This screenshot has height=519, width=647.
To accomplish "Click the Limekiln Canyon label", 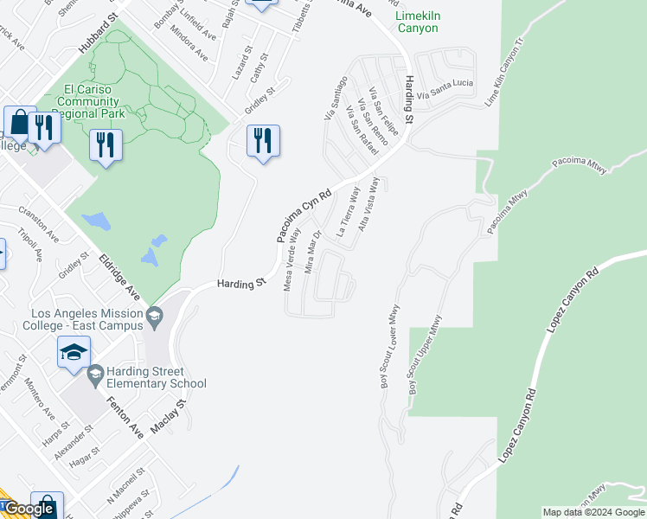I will tap(416, 22).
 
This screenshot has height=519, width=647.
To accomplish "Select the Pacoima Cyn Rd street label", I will tap(304, 216).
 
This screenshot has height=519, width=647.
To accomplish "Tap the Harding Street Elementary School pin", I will tap(95, 374).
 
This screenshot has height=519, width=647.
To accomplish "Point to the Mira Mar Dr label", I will tap(313, 252).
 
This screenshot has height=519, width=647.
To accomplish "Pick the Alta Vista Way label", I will tap(369, 202).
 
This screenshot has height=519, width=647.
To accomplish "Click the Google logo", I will tap(29, 509).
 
